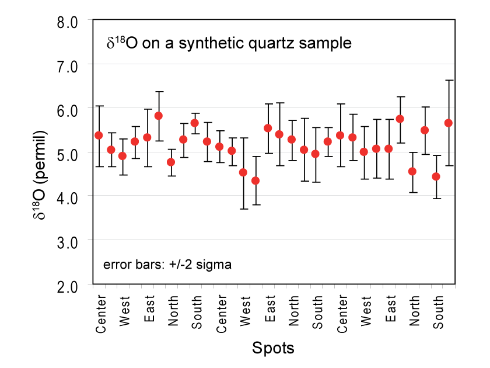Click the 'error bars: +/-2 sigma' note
click(167, 264)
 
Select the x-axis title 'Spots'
click(273, 349)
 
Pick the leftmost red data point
click(99, 135)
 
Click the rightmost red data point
click(449, 123)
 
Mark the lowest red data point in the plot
click(256, 180)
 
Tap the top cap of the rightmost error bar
click(449, 80)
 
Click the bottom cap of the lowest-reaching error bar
click(243, 209)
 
